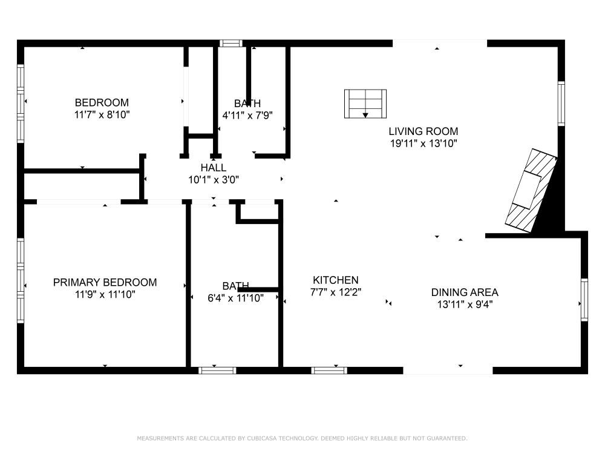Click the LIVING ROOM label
coord(423,131)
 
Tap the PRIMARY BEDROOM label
coord(105,282)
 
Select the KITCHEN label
coord(336,280)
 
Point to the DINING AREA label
coord(465,292)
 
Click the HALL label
coord(214,168)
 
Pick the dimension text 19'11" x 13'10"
coord(423,143)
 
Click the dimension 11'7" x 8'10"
coord(102,114)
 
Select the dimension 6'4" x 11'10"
coord(235,298)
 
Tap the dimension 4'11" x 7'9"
coord(247,116)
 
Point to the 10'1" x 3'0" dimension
coord(214,180)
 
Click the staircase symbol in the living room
coord(365,104)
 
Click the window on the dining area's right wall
coord(584,300)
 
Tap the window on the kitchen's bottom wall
coord(329,370)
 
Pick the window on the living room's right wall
coord(561,104)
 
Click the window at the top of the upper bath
coord(231,43)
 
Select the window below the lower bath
coord(217,370)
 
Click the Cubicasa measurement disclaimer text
coord(302,438)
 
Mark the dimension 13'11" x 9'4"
coord(465,304)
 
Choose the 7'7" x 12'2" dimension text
coord(336,292)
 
